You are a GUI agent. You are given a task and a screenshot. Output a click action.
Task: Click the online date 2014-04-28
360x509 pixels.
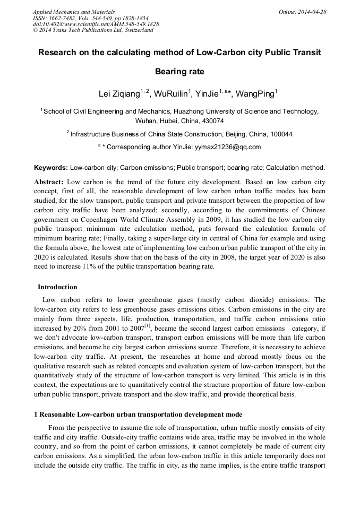click(312, 11)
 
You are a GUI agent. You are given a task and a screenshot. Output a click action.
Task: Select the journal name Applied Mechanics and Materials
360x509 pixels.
click(74, 11)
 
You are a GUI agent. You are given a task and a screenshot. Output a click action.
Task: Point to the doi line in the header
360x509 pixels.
click(96, 24)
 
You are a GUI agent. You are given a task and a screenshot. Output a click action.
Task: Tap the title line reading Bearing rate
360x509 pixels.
click(179, 71)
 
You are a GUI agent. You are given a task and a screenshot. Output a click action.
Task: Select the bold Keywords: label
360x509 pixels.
click(51, 167)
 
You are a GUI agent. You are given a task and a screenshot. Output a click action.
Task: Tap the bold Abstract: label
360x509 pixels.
click(49, 182)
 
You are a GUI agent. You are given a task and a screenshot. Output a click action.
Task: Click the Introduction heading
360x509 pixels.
click(57, 287)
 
